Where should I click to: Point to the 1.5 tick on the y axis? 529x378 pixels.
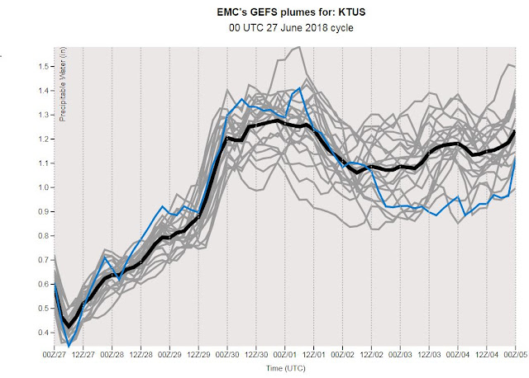pyautogui.click(x=44, y=66)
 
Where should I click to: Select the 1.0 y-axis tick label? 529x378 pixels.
pyautogui.click(x=44, y=187)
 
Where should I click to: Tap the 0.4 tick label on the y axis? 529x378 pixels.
pyautogui.click(x=44, y=333)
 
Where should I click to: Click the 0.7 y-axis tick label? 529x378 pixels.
pyautogui.click(x=44, y=260)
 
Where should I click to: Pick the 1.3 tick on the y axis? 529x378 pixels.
pyautogui.click(x=44, y=115)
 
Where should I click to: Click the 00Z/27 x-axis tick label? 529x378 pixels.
pyautogui.click(x=55, y=355)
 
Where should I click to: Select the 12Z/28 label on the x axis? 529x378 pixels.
pyautogui.click(x=141, y=355)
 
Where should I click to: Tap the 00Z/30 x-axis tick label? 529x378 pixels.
pyautogui.click(x=227, y=355)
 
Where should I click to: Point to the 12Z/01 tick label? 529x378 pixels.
pyautogui.click(x=314, y=355)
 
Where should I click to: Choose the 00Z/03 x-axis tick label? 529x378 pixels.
pyautogui.click(x=400, y=355)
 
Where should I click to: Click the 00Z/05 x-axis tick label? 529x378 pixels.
pyautogui.click(x=516, y=355)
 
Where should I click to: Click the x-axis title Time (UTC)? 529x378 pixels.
pyautogui.click(x=286, y=368)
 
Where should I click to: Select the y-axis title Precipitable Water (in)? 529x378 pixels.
pyautogui.click(x=63, y=84)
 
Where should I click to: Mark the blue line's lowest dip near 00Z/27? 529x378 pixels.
pyautogui.click(x=69, y=347)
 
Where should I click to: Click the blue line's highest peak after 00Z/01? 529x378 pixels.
pyautogui.click(x=299, y=88)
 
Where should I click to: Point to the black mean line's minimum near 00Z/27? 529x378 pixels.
pyautogui.click(x=69, y=326)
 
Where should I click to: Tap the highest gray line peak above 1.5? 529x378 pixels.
pyautogui.click(x=299, y=47)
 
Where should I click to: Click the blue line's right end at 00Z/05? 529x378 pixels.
pyautogui.click(x=515, y=157)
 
